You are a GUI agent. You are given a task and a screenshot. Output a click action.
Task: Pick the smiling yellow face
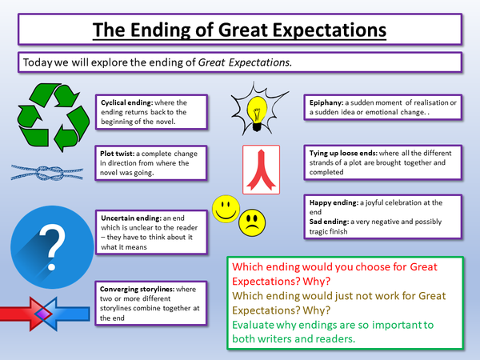click(226, 209)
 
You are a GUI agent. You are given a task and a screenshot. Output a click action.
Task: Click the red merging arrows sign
click(261, 170)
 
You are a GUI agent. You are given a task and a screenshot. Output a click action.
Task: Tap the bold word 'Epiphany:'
click(326, 103)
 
